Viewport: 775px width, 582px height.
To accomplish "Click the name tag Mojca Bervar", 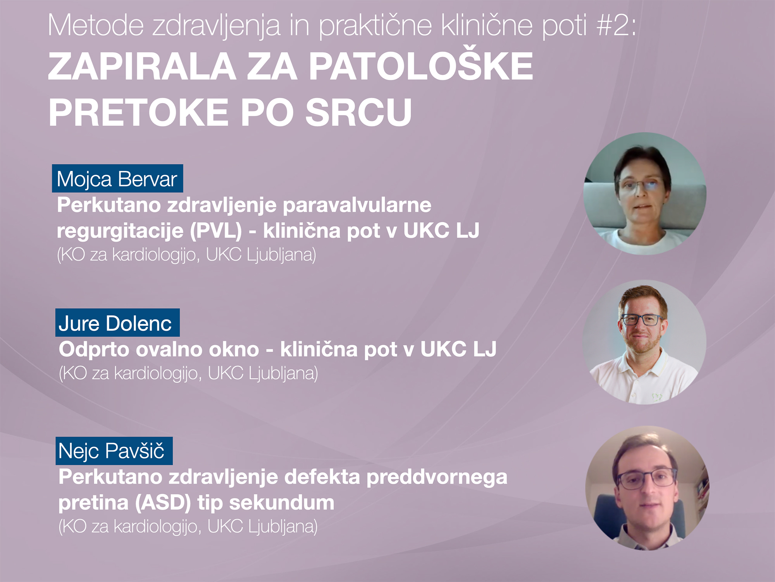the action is (117, 178).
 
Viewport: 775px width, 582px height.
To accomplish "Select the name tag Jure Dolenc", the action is (117, 323).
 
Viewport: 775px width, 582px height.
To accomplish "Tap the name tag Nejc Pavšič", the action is (114, 451).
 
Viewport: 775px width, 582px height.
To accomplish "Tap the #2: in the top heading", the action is (616, 25).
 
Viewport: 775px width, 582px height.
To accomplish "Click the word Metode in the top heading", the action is (96, 25).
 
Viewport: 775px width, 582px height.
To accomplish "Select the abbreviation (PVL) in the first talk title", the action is (216, 231).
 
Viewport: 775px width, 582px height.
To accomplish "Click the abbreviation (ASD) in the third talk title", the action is (163, 503).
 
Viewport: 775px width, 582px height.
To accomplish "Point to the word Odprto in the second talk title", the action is (93, 350).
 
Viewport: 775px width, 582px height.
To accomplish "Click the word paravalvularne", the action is (357, 206).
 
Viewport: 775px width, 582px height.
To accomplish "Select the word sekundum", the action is (282, 503).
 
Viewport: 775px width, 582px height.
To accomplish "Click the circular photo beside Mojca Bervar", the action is (645, 193).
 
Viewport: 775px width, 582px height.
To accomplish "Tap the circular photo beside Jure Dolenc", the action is (644, 342).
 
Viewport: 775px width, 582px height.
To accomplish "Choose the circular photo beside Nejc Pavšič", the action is (647, 488).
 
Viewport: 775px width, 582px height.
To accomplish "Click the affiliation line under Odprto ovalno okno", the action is (188, 373).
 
